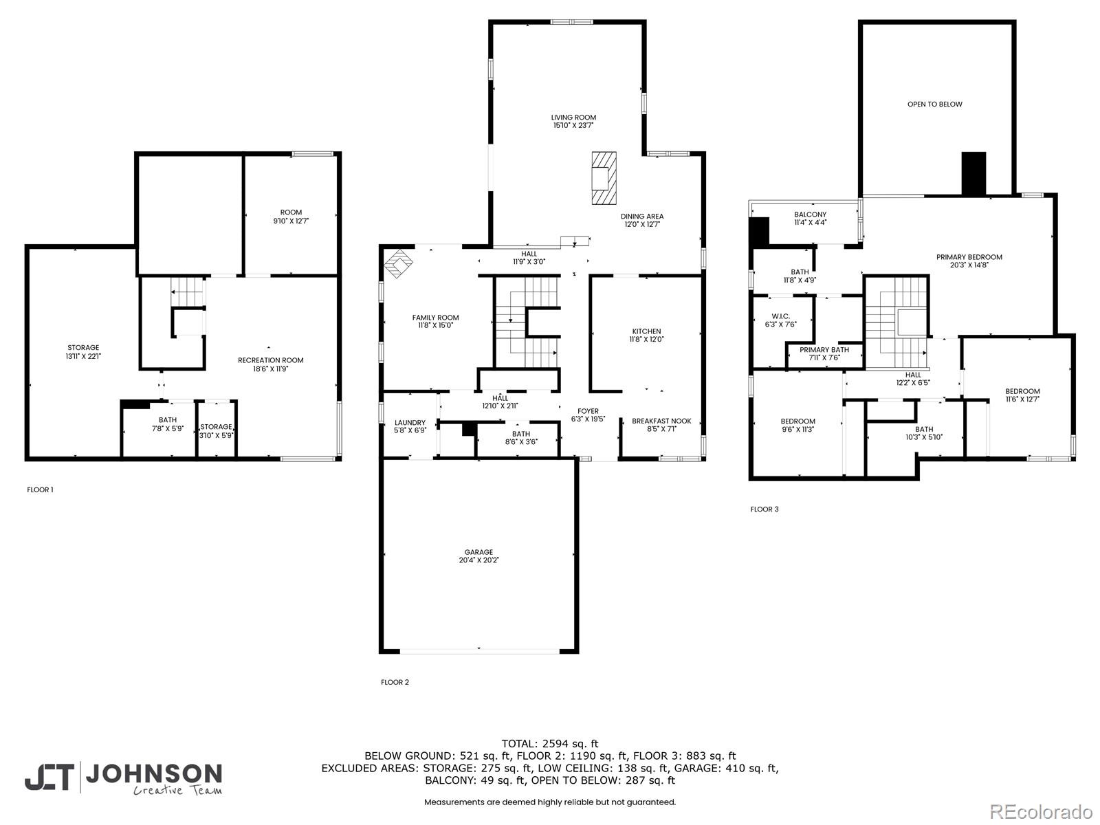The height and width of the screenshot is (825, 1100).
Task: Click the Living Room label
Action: [x=573, y=117]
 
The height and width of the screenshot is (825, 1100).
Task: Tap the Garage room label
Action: [x=478, y=552]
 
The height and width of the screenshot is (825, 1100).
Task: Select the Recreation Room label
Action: [x=271, y=360]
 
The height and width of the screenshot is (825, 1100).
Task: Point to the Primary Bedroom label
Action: [x=969, y=257]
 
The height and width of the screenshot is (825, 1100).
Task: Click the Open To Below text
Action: [x=934, y=104]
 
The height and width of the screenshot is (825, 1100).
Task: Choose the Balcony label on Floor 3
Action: [x=811, y=214]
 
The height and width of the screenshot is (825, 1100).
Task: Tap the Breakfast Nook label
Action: [x=661, y=421]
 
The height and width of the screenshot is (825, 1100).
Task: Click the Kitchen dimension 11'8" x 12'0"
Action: [x=646, y=339]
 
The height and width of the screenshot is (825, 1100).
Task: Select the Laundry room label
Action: [x=410, y=422]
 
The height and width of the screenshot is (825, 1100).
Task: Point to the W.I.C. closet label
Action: [x=781, y=316]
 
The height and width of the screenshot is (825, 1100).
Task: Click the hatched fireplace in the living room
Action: [x=604, y=178]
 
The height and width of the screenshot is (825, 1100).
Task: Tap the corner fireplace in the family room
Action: [x=398, y=263]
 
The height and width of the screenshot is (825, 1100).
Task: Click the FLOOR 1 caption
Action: [x=40, y=489]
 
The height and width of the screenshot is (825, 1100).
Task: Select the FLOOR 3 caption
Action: [x=764, y=509]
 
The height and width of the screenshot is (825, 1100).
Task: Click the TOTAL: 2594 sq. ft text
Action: [x=550, y=744]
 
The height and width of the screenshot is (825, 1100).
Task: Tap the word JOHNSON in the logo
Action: [x=154, y=774]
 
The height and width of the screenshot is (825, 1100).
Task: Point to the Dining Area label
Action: [x=642, y=217]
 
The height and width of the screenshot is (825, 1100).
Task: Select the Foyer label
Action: [x=588, y=411]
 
